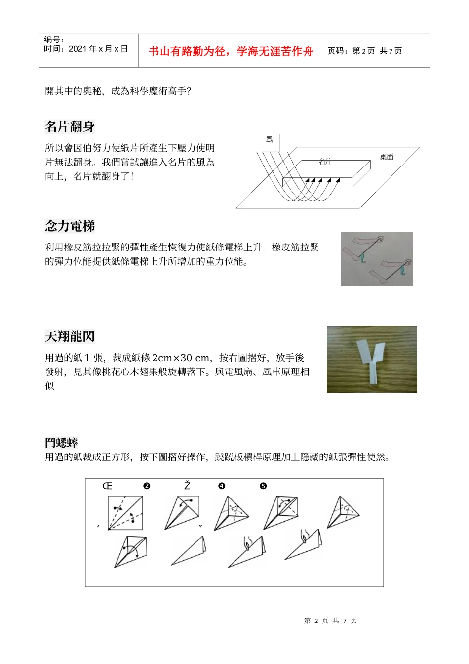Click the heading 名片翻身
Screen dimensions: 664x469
tap(70, 127)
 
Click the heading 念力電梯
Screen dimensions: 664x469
tap(70, 226)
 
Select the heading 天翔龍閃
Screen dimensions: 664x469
tap(70, 336)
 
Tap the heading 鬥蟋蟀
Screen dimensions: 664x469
tap(61, 443)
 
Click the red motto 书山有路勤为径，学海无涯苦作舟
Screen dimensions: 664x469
tap(231, 51)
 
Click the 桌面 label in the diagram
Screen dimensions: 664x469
tap(387, 157)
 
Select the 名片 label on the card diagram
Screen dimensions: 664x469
tap(325, 162)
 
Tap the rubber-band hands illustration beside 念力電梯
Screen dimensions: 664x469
tap(377, 259)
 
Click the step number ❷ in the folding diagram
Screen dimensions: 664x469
tap(147, 486)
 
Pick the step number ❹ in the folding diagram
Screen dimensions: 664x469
tap(222, 486)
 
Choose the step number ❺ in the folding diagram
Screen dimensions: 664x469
tap(263, 486)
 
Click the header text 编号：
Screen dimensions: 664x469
tap(54, 40)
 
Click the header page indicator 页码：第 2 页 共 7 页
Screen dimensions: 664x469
tap(365, 51)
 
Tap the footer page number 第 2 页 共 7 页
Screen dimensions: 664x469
tap(330, 621)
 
